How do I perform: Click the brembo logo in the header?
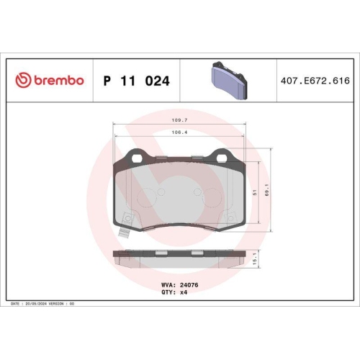pyautogui.click(x=50, y=81)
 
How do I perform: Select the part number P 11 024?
pyautogui.click(x=137, y=81)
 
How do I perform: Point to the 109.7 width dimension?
pyautogui.click(x=180, y=121)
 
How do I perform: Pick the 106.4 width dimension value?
pyautogui.click(x=180, y=132)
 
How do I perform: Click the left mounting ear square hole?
pyautogui.click(x=135, y=155)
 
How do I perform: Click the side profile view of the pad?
pyautogui.click(x=179, y=256)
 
